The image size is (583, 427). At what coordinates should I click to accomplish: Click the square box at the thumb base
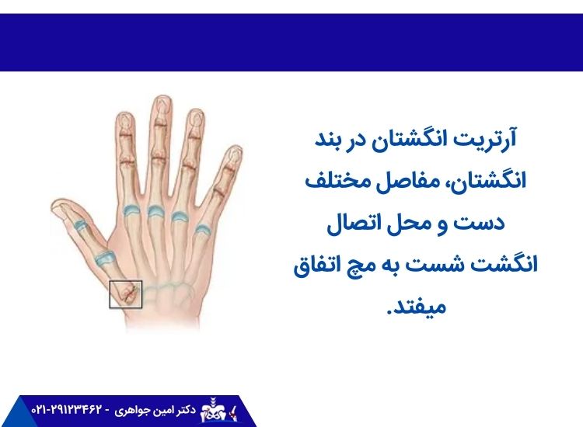tap(125, 294)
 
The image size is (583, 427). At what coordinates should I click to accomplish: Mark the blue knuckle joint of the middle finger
tap(155, 211)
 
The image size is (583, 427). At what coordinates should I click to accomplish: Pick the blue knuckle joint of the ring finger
tap(180, 216)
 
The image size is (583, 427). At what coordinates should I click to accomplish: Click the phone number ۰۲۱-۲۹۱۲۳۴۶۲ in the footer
tap(68, 408)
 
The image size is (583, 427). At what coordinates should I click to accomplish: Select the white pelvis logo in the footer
tap(215, 409)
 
